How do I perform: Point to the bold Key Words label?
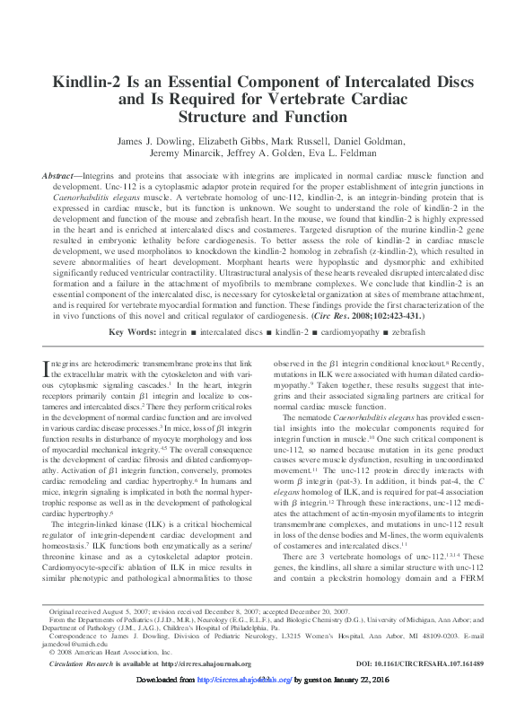click(x=130, y=331)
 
